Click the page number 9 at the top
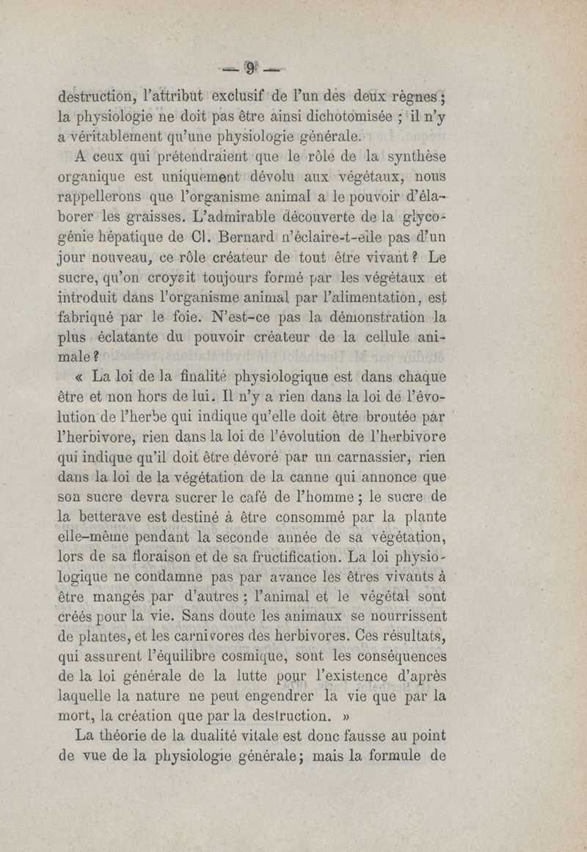[251, 70]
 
